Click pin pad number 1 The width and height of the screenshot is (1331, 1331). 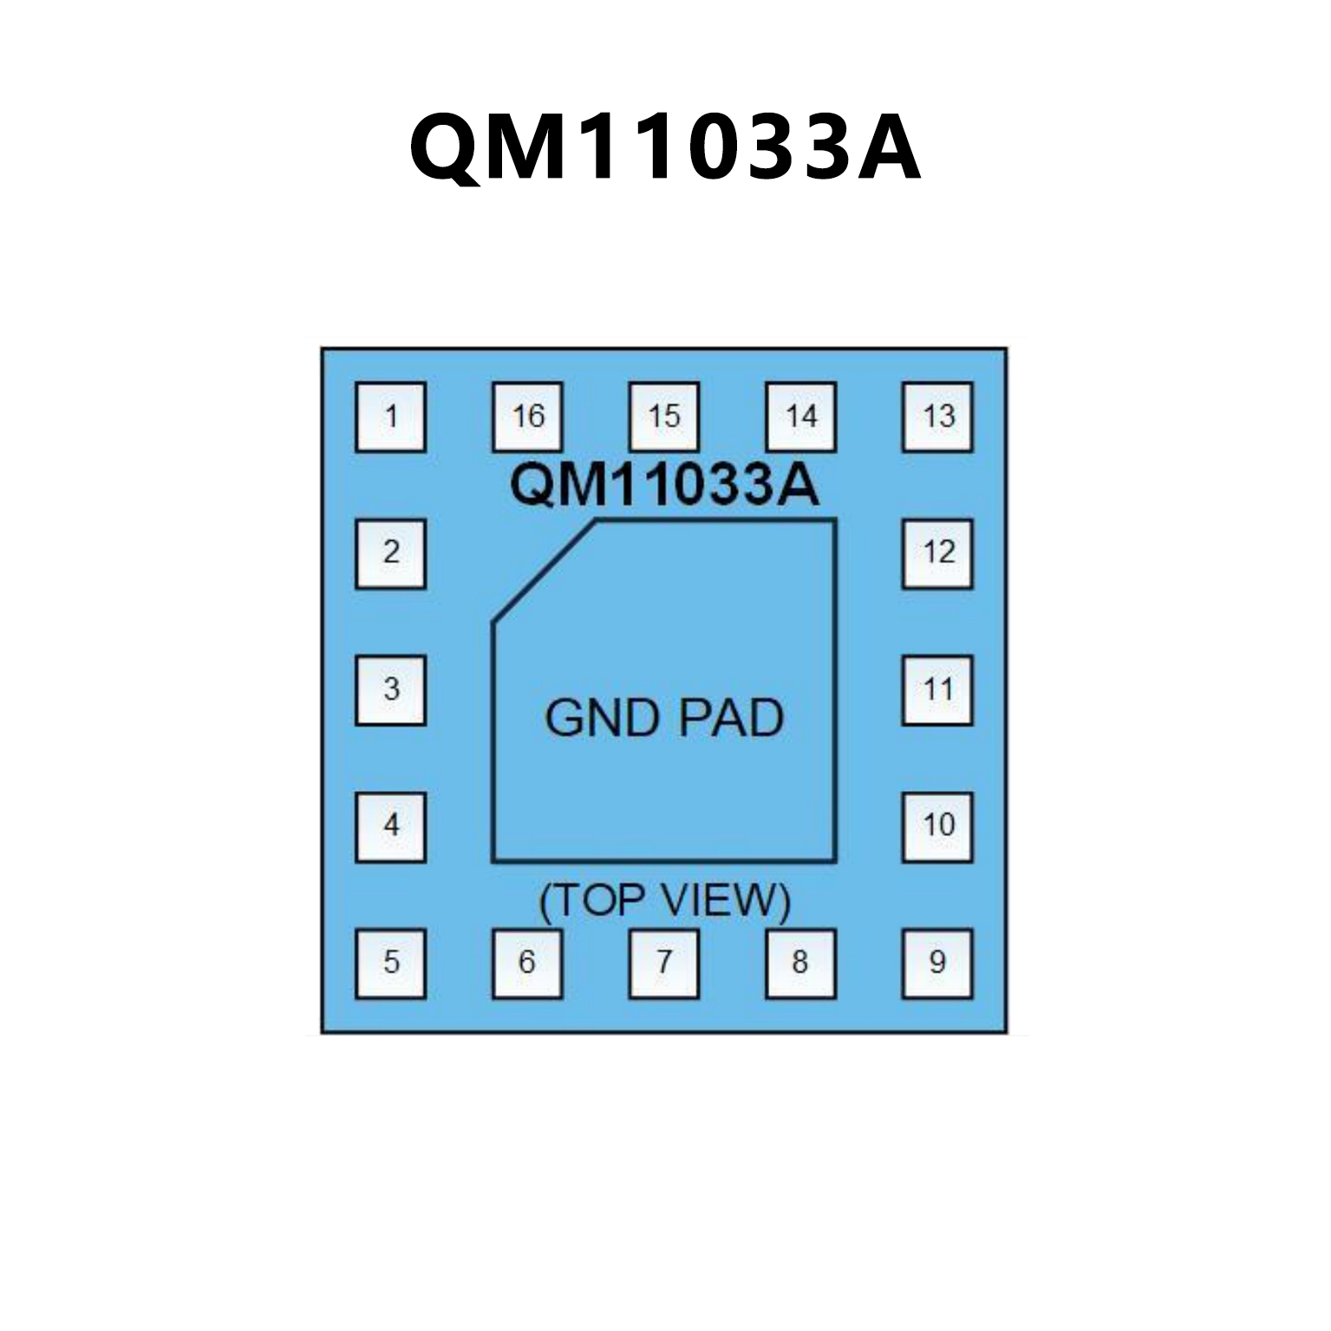tap(390, 417)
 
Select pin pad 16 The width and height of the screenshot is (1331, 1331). tap(527, 417)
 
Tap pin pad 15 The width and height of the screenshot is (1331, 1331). tap(664, 417)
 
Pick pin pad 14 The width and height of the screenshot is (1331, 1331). tap(800, 417)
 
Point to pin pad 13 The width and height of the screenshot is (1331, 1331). tap(937, 417)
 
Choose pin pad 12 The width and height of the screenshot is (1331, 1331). tap(937, 553)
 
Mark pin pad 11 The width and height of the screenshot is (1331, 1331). tap(937, 690)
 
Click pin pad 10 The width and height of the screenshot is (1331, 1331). tap(937, 826)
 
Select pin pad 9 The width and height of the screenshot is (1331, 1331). tap(937, 963)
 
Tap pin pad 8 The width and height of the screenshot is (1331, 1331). tap(800, 963)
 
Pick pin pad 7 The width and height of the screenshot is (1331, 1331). tap(664, 963)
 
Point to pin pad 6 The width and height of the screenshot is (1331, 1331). tap(527, 963)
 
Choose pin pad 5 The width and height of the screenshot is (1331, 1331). tap(390, 963)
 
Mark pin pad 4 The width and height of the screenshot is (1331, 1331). tap(390, 826)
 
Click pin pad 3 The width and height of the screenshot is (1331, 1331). tap(390, 690)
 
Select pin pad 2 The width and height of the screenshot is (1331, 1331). tap(390, 553)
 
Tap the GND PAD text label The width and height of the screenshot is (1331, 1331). tap(664, 718)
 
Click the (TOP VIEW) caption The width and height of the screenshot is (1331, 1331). tap(664, 901)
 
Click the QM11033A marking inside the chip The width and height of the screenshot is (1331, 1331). tap(664, 485)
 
